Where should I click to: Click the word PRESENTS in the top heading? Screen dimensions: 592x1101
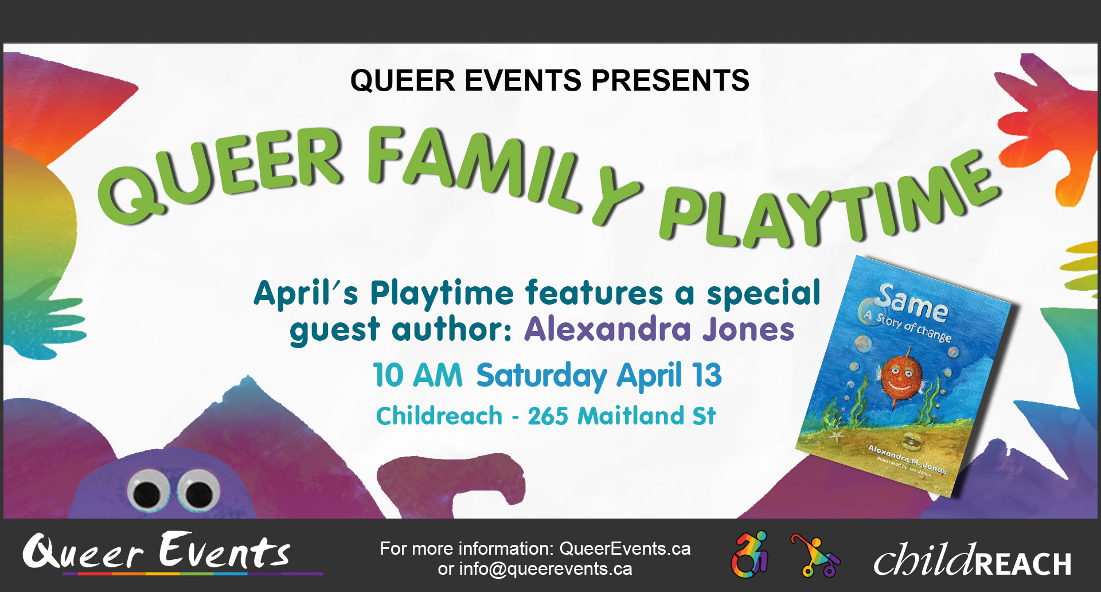click(670, 80)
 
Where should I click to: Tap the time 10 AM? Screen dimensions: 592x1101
click(417, 376)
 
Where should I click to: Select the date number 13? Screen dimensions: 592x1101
click(706, 376)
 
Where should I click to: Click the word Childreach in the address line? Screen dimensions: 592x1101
click(439, 416)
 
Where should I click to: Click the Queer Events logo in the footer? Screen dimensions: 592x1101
click(158, 552)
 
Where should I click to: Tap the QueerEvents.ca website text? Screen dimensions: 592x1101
click(624, 549)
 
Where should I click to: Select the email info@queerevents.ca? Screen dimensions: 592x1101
click(545, 569)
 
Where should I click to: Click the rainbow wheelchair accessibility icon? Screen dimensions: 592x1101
click(749, 555)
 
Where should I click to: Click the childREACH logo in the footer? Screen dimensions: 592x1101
click(972, 559)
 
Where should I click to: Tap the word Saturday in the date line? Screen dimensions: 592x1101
click(541, 376)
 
